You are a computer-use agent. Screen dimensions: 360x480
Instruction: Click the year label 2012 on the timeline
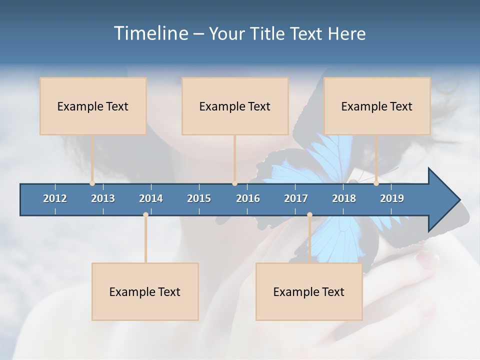55,198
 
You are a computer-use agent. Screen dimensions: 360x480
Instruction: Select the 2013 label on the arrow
103,198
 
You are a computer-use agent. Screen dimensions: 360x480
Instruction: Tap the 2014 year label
151,198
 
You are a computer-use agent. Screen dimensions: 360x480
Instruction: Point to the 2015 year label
199,198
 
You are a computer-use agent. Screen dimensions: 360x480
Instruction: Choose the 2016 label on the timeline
248,198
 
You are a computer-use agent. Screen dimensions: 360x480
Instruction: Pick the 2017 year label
296,198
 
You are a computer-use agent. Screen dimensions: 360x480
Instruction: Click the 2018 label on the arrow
344,198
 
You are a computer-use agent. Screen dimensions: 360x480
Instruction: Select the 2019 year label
392,198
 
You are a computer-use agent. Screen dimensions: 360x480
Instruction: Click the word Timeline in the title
149,33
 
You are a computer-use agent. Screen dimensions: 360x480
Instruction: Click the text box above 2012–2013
93,106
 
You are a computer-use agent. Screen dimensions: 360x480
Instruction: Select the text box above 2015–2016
235,106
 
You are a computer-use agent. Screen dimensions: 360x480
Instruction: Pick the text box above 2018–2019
377,106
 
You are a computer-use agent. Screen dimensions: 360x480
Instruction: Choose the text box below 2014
145,291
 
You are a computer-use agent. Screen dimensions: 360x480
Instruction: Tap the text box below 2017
309,291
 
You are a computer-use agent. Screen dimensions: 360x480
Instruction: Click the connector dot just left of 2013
92,183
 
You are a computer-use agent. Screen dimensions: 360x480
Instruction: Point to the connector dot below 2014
145,215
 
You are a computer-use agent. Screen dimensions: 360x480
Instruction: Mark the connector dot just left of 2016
235,183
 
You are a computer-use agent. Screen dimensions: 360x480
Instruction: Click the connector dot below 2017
309,215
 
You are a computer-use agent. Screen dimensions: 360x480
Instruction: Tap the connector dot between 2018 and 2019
376,183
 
